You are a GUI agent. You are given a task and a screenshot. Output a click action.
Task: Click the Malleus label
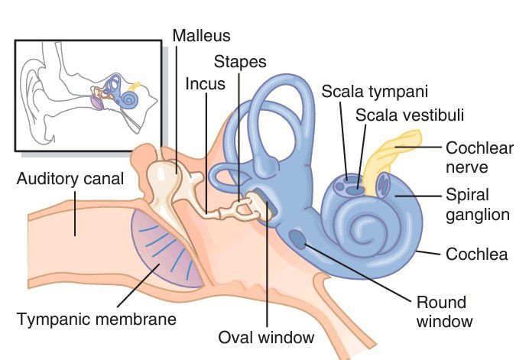coord(201,35)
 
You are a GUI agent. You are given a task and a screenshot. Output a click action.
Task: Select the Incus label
coord(206,83)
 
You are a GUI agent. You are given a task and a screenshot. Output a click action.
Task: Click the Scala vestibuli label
coord(410,115)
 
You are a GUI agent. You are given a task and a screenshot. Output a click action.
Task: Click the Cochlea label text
coord(476,254)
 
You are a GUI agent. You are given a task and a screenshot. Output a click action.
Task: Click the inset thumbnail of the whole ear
coord(88,95)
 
